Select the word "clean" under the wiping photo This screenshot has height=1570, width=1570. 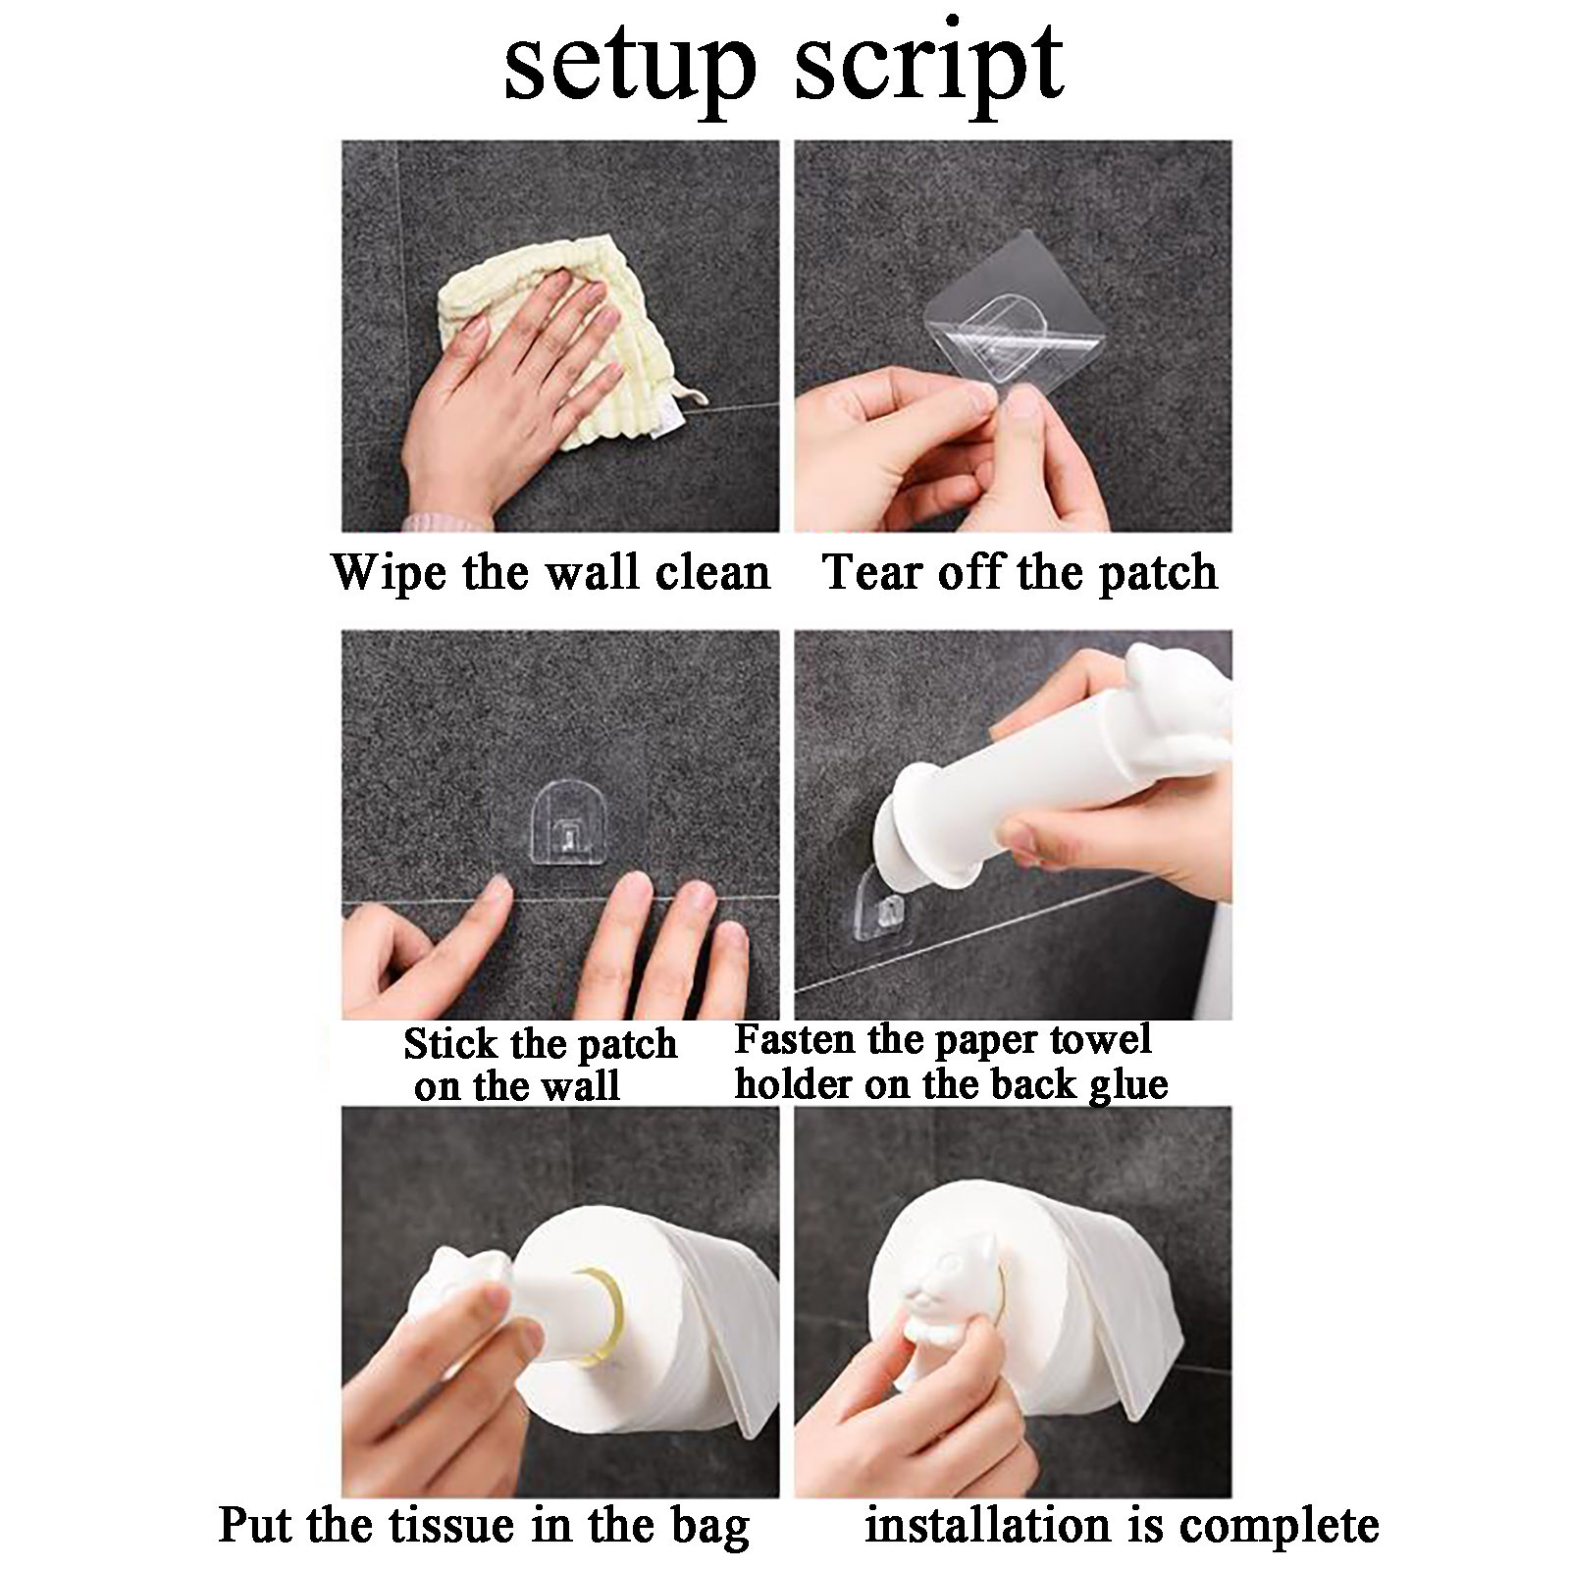(712, 572)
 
